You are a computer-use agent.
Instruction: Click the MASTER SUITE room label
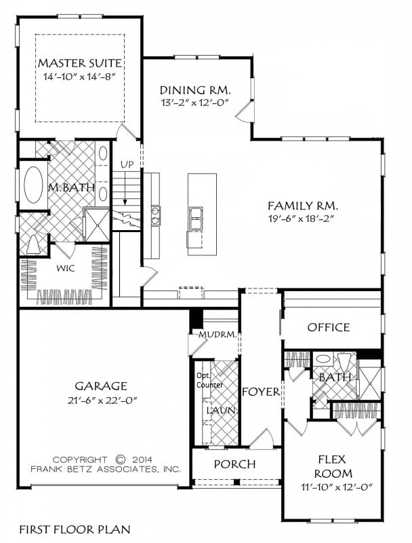pos(80,63)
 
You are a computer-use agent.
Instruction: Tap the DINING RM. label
pos(195,90)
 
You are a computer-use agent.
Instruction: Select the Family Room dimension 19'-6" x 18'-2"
pos(303,219)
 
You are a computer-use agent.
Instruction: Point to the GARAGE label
pos(101,386)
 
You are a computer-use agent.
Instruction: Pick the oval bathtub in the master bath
pos(33,185)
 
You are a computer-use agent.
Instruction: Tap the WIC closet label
pos(66,268)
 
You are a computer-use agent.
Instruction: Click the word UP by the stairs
pos(127,164)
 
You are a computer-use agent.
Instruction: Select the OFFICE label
pos(329,327)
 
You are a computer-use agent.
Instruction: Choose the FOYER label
pos(261,392)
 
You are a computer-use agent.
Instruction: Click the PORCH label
pos(234,464)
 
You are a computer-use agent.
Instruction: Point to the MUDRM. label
pos(218,335)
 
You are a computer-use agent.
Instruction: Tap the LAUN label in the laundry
pos(221,411)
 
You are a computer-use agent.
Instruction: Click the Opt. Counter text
pos(210,380)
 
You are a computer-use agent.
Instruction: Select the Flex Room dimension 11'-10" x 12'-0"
pos(336,487)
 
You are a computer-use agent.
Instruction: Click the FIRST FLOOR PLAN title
pos(75,529)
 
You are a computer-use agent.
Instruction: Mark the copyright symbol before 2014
pos(120,460)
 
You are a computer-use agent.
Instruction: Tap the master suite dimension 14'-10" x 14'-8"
pos(79,77)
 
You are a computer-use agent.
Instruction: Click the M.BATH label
pos(71,188)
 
